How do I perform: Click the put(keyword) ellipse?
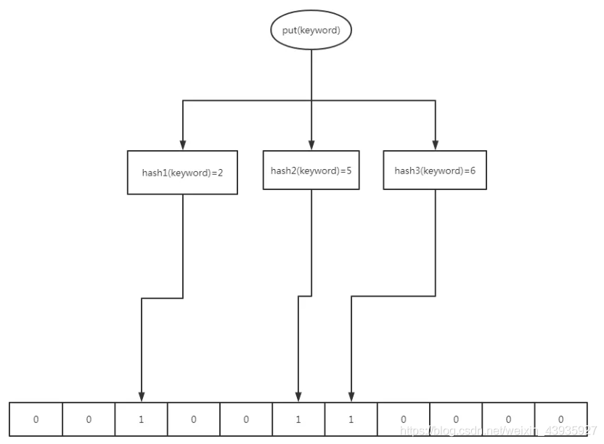tap(311, 30)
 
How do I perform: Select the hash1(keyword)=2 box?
tap(182, 173)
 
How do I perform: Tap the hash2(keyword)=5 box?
tap(311, 170)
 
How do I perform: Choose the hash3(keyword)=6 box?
tap(435, 170)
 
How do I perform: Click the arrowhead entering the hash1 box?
tap(182, 145)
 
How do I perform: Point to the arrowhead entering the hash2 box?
tap(311, 144)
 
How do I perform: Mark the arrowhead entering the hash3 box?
tap(435, 144)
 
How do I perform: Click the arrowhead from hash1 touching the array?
tap(141, 395)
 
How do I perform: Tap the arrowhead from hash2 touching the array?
tap(298, 395)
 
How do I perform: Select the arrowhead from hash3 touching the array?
tap(351, 395)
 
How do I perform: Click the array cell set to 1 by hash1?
tap(141, 419)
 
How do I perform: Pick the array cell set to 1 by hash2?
tap(298, 419)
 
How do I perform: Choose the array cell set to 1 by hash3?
tap(351, 419)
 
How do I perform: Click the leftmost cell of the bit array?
tap(36, 419)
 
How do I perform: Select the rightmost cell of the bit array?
tap(560, 419)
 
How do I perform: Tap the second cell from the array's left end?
tap(89, 419)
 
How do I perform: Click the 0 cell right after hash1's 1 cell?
tap(194, 419)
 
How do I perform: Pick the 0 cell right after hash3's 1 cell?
tap(403, 419)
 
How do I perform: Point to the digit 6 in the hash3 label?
tap(472, 171)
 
